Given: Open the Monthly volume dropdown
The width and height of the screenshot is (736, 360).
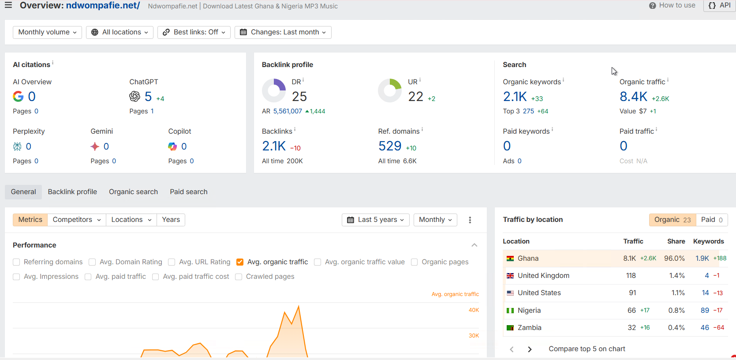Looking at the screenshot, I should [47, 32].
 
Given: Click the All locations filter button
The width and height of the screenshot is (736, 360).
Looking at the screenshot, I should [120, 32].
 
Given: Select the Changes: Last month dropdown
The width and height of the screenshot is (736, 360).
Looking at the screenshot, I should [283, 32].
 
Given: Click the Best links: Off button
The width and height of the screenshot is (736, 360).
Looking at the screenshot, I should [194, 32].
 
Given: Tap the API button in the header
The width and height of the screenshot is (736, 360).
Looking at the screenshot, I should [720, 5].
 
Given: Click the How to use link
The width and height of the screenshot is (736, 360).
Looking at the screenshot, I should [672, 5].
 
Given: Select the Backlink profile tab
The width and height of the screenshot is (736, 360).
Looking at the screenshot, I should [72, 192].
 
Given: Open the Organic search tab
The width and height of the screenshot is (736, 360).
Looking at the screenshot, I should [133, 192].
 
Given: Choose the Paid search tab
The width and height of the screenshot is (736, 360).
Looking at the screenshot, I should [188, 192].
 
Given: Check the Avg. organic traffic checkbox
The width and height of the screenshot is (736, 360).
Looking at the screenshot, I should [240, 262].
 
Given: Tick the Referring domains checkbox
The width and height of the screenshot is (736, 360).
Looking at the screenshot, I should [16, 262].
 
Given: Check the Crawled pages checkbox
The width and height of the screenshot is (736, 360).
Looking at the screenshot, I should [239, 277].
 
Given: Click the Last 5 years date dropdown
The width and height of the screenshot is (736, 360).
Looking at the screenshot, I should [375, 220].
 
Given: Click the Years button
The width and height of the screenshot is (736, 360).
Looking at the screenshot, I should [171, 220].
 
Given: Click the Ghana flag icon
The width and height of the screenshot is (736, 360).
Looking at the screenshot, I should [510, 259].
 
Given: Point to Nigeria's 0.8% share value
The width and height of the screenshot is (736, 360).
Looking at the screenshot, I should [676, 311].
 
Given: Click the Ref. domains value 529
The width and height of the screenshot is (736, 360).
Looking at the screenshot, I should [390, 146].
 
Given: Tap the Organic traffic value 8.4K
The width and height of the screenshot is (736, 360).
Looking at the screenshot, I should [633, 97].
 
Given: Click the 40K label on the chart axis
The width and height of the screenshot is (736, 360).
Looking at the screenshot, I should [474, 310].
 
